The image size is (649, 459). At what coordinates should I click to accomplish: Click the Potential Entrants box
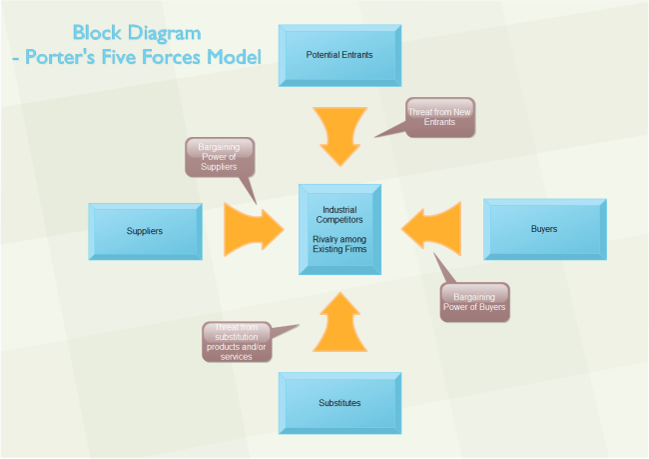tap(339, 54)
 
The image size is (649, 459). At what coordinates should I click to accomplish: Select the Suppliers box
tap(145, 231)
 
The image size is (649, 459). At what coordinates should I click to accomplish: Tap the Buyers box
tap(543, 230)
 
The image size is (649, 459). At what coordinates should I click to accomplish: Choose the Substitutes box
tap(339, 402)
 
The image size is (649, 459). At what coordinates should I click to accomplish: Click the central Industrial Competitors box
tap(339, 229)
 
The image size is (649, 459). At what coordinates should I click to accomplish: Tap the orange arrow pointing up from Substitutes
tap(339, 322)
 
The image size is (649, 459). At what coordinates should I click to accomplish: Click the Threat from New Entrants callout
tap(438, 117)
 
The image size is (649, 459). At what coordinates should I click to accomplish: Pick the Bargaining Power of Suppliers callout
tap(219, 157)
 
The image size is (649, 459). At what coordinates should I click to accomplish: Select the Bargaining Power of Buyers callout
tap(474, 302)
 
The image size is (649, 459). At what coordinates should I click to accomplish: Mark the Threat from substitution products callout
tap(236, 341)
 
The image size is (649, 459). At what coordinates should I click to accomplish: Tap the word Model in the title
tap(229, 58)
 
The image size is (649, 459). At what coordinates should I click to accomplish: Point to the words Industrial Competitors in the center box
tap(339, 214)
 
